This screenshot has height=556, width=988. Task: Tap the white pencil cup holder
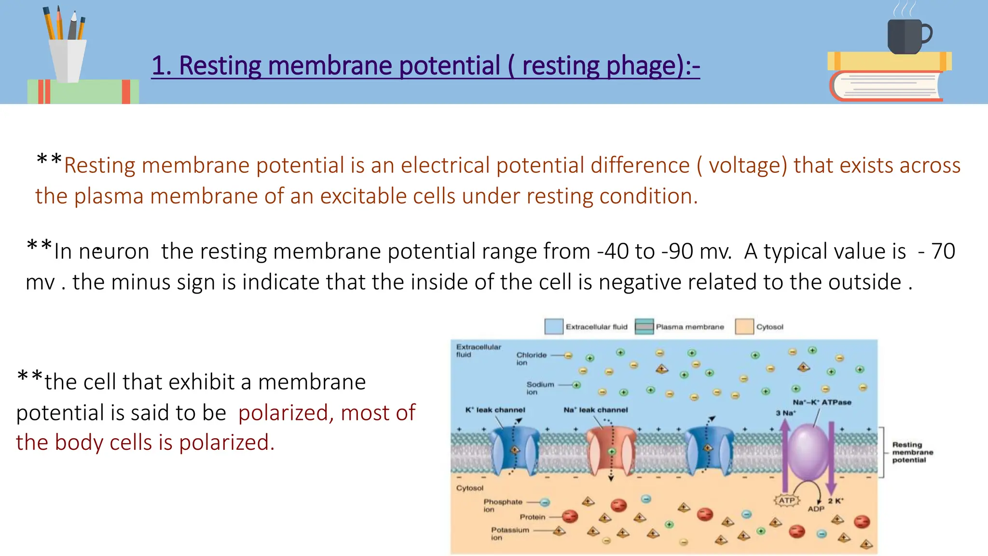tap(68, 60)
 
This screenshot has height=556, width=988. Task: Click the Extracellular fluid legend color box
tap(553, 327)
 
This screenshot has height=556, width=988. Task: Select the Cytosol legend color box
tap(744, 327)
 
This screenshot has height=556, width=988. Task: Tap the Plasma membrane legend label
tap(689, 327)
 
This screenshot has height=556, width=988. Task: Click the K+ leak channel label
tap(495, 410)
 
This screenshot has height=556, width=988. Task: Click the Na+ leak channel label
tap(596, 410)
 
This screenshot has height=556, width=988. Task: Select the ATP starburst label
tap(787, 500)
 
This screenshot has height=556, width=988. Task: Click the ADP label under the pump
tap(816, 509)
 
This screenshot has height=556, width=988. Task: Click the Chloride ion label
tap(531, 359)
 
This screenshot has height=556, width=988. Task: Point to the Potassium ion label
tap(510, 533)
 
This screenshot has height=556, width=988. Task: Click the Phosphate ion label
tap(503, 505)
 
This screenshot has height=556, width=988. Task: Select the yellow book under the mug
tap(889, 61)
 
